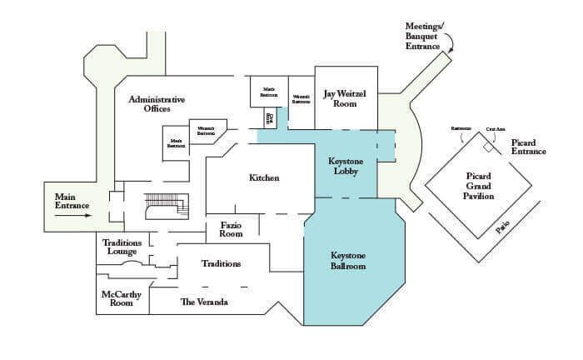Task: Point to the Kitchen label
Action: [x=264, y=178]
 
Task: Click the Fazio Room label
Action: [x=231, y=229]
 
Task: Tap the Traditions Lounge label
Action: [x=122, y=247]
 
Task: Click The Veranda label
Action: [x=204, y=302]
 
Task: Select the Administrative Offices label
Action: [x=157, y=104]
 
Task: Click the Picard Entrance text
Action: [x=528, y=147]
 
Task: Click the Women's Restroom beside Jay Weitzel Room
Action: [x=301, y=99]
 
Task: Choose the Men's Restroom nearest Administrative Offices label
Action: [x=177, y=141]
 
